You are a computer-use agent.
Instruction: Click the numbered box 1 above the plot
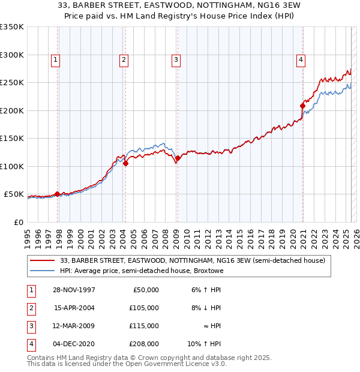click(x=55, y=59)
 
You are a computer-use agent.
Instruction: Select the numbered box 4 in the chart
click(x=300, y=59)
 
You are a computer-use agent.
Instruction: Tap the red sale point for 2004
click(x=125, y=163)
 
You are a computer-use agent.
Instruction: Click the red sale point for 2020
click(x=302, y=106)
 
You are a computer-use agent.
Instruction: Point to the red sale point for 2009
click(x=178, y=158)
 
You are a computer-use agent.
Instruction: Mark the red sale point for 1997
click(x=58, y=194)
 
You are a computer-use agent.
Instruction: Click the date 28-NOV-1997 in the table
click(x=74, y=290)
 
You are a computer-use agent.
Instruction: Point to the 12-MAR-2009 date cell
click(x=74, y=326)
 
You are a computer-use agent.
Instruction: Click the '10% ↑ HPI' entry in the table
click(x=205, y=344)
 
